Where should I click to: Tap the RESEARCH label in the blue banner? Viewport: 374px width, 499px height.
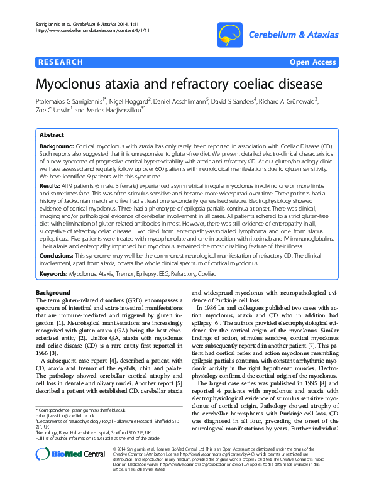(x=61, y=62)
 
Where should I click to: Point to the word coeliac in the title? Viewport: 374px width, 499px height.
(x=254, y=84)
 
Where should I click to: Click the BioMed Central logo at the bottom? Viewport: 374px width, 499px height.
(x=61, y=471)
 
